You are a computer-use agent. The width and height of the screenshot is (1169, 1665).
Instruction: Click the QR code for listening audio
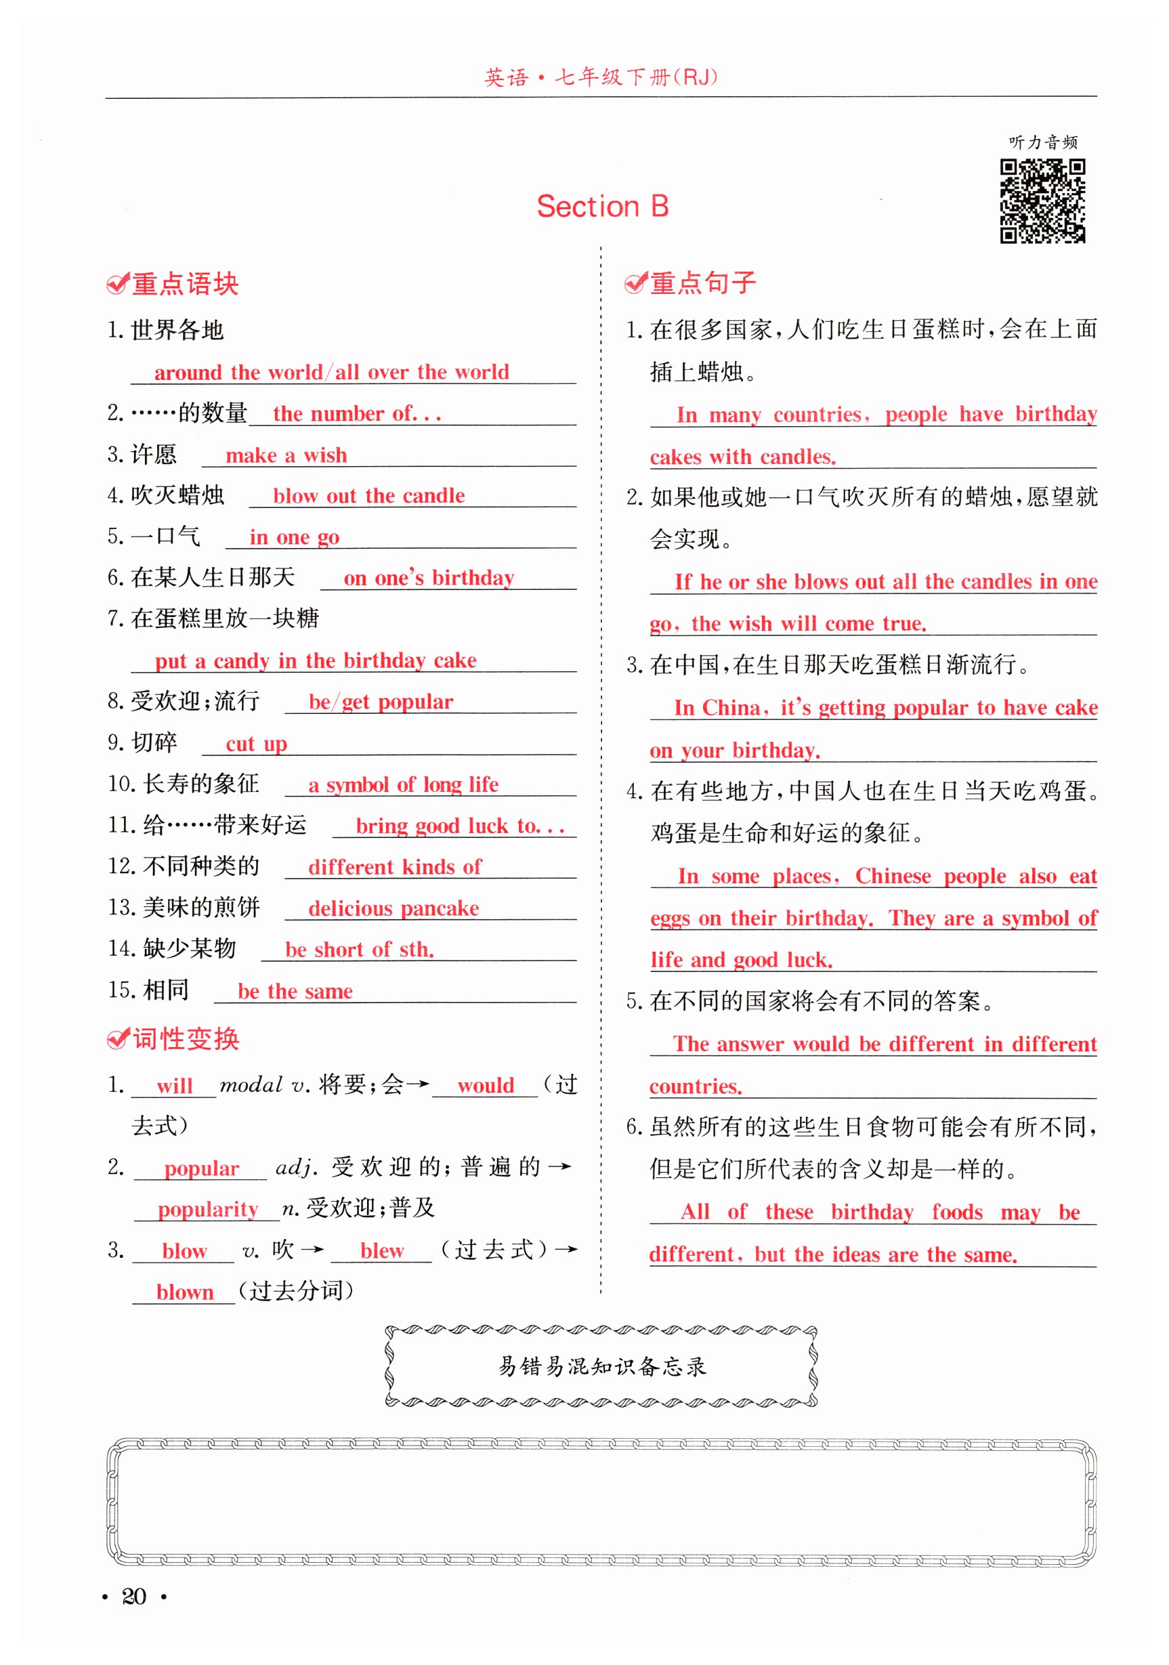[x=1042, y=201]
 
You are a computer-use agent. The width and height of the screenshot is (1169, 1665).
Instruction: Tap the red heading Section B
[x=602, y=207]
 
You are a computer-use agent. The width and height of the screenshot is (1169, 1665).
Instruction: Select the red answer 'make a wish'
[x=286, y=455]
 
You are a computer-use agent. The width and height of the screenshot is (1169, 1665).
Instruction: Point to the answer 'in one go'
[x=294, y=537]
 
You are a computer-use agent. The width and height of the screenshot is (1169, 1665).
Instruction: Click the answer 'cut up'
[x=256, y=744]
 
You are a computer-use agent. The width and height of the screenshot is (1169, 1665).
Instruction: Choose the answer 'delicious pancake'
[x=393, y=908]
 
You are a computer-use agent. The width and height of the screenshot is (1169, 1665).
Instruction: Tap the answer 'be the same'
[x=295, y=991]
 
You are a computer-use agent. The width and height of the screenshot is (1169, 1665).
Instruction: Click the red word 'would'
[x=485, y=1086]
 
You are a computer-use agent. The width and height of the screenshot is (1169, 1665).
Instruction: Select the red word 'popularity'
[x=207, y=1209]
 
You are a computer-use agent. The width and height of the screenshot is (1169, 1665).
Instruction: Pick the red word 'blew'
[x=381, y=1250]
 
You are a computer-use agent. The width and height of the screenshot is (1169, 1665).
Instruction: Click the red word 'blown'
[x=185, y=1292]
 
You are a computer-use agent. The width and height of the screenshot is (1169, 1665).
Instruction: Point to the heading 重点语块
[x=184, y=284]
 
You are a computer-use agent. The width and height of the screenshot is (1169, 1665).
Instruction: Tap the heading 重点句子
[x=702, y=283]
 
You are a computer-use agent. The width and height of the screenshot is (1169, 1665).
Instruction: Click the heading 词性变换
[x=185, y=1039]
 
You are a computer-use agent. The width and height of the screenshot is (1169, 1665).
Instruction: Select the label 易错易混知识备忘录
[x=601, y=1366]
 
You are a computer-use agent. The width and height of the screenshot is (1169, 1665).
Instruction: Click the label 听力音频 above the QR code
[x=1042, y=142]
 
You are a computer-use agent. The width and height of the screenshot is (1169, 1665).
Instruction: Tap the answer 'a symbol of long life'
[x=403, y=784]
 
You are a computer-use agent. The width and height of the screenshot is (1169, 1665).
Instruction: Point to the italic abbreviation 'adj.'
[x=297, y=1168]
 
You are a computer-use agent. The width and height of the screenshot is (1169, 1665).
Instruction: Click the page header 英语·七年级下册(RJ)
[x=601, y=77]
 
